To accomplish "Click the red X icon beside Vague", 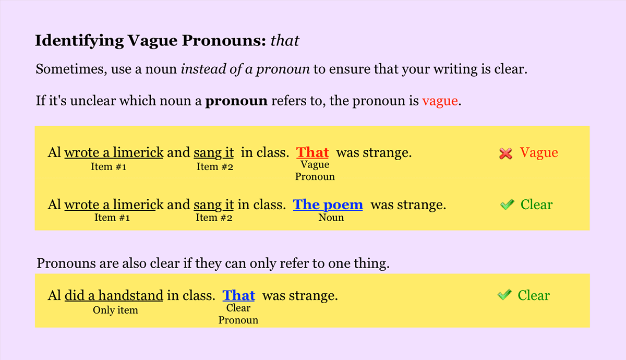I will pyautogui.click(x=505, y=153).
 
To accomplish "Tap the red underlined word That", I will pyautogui.click(x=312, y=152).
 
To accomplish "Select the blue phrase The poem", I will pyautogui.click(x=328, y=205).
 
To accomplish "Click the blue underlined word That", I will pyautogui.click(x=238, y=296).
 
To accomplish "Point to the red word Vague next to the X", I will pyautogui.click(x=539, y=153).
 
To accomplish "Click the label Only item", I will pyautogui.click(x=115, y=310).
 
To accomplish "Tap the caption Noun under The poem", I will pyautogui.click(x=331, y=218).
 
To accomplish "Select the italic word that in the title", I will pyautogui.click(x=285, y=41).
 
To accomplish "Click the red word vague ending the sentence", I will pyautogui.click(x=440, y=101).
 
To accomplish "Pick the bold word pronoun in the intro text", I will pyautogui.click(x=236, y=101).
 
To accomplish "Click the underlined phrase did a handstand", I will pyautogui.click(x=114, y=296).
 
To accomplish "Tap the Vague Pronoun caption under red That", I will pyautogui.click(x=315, y=171).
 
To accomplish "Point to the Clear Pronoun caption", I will pyautogui.click(x=238, y=314).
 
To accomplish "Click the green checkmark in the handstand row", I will pyautogui.click(x=504, y=295).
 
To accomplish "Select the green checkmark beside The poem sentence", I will pyautogui.click(x=507, y=205).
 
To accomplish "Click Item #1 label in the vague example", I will pyautogui.click(x=109, y=167).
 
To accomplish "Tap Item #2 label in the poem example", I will pyautogui.click(x=214, y=218).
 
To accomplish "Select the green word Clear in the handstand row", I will pyautogui.click(x=533, y=295).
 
